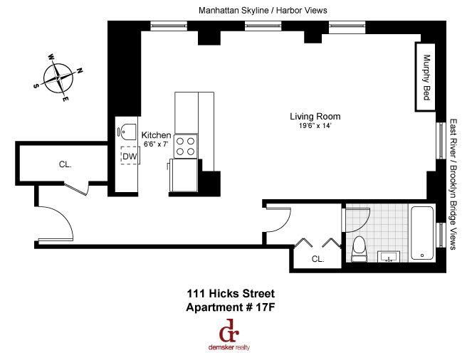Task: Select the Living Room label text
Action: tap(315, 116)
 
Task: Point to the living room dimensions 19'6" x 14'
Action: tap(315, 126)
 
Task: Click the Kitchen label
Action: tap(156, 135)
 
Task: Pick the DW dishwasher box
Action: tap(130, 156)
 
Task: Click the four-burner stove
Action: tap(186, 147)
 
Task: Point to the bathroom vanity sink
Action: tap(389, 256)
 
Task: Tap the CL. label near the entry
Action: tap(65, 164)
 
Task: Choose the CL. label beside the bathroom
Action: tap(318, 260)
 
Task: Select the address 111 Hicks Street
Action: tap(230, 293)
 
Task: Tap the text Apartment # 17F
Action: tap(230, 307)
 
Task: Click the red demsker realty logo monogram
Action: tap(229, 331)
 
